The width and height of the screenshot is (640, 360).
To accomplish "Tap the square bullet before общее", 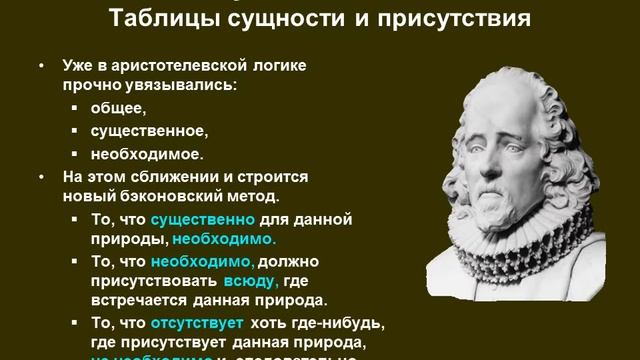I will [x=76, y=109].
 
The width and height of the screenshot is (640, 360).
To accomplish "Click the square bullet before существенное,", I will [x=76, y=131].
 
